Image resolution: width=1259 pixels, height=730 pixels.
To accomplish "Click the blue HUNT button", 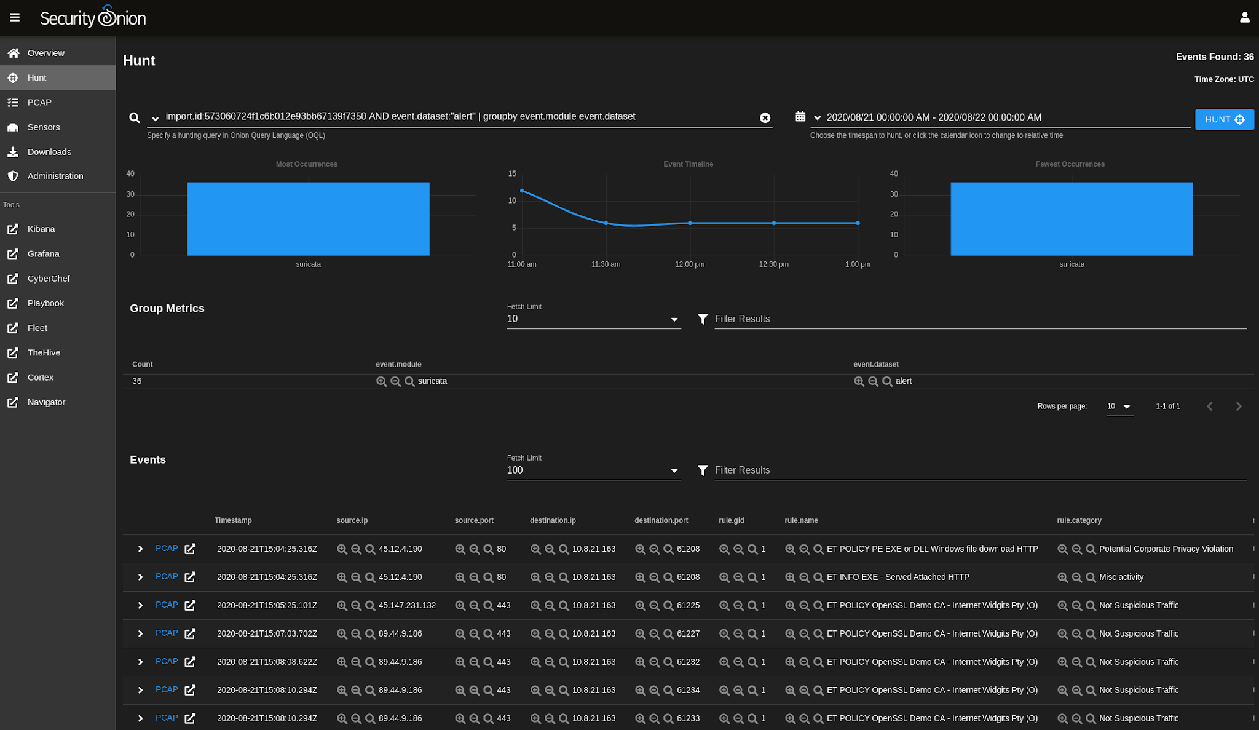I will pyautogui.click(x=1224, y=119).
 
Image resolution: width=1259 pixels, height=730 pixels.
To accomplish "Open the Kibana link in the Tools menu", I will pyautogui.click(x=41, y=229).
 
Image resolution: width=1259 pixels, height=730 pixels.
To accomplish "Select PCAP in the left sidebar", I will pyautogui.click(x=39, y=102).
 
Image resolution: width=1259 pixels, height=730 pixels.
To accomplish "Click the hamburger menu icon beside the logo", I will pyautogui.click(x=15, y=17).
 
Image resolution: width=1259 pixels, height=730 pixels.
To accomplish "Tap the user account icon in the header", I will pyautogui.click(x=1244, y=17).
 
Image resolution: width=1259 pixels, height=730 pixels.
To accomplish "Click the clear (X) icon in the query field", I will pyautogui.click(x=765, y=117).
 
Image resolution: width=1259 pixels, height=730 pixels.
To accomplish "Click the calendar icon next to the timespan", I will pyautogui.click(x=800, y=116).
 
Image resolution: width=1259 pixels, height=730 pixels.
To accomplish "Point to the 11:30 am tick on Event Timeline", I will pyautogui.click(x=606, y=264).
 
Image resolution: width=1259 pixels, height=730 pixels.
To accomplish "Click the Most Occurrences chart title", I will pyautogui.click(x=306, y=164).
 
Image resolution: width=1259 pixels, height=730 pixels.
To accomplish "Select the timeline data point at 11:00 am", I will pyautogui.click(x=522, y=191).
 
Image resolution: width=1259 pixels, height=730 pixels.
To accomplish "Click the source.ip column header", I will pyautogui.click(x=352, y=520).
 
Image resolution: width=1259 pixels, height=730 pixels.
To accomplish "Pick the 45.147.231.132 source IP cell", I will pyautogui.click(x=407, y=605).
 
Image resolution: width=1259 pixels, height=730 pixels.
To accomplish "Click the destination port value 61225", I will pyautogui.click(x=688, y=605).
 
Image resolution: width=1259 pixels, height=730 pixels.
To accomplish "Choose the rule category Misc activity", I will pyautogui.click(x=1121, y=577).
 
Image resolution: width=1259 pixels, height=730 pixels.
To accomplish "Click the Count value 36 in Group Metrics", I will pyautogui.click(x=136, y=381).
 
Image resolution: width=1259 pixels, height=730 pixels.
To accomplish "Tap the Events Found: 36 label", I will pyautogui.click(x=1214, y=57).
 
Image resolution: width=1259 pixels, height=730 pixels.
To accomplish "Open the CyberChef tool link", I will pyautogui.click(x=49, y=278).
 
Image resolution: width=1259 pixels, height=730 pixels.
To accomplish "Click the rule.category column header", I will pyautogui.click(x=1079, y=520).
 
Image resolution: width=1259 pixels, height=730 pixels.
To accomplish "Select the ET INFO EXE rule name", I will pyautogui.click(x=898, y=577).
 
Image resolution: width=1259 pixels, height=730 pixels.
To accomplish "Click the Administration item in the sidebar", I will pyautogui.click(x=55, y=176).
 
